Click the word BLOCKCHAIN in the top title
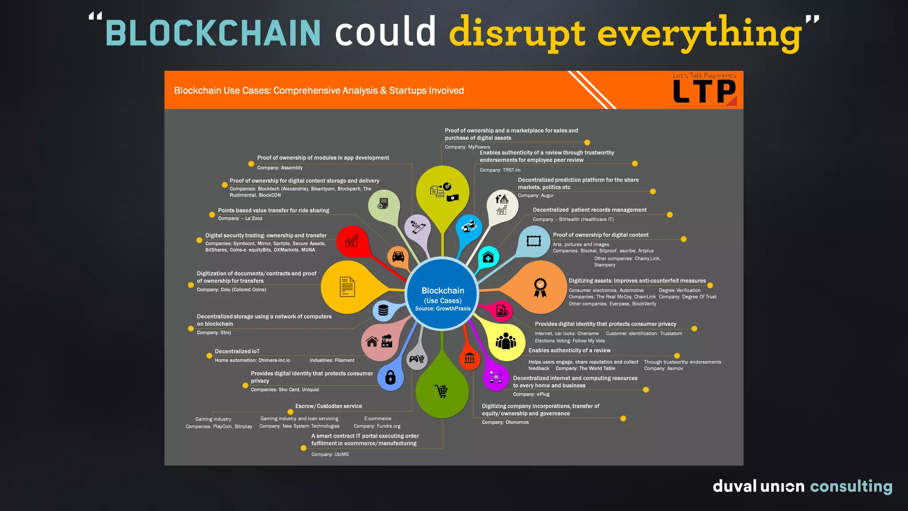213,33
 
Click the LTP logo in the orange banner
704,91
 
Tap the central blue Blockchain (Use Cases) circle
442,295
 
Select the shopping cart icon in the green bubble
442,391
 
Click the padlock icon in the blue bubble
390,377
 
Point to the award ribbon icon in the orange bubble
540,287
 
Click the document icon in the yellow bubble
347,287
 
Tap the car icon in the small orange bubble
398,256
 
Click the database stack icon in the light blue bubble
384,310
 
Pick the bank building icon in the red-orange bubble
470,358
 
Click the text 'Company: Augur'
536,196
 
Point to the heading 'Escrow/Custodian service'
329,406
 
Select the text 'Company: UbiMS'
330,455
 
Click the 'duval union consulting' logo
802,486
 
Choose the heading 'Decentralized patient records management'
589,210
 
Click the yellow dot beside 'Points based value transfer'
212,215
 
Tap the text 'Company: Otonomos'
505,422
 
